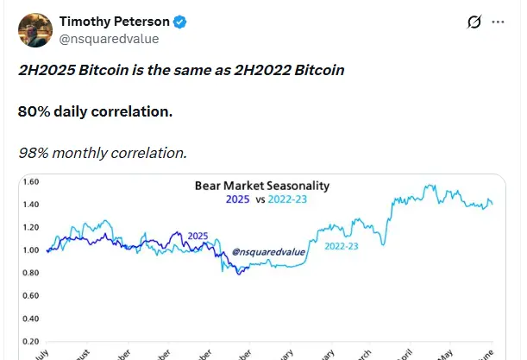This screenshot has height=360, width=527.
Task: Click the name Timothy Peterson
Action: coord(113,22)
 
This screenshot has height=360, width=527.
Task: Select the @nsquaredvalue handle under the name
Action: coord(109,39)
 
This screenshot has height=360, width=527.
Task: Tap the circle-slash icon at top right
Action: coord(472,23)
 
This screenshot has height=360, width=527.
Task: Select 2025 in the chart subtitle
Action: coord(229,199)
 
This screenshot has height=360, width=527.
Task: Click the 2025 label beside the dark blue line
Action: coord(199,236)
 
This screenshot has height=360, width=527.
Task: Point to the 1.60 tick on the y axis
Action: coord(31,182)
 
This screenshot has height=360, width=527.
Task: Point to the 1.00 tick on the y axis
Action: coord(31,250)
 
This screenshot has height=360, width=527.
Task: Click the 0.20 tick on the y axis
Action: coord(31,341)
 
